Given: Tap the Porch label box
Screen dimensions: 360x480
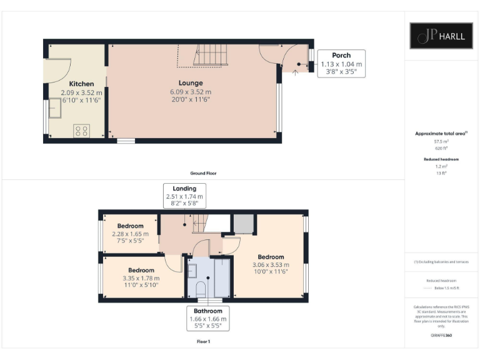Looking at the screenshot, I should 341,64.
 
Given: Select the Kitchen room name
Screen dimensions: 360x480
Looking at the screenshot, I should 81,84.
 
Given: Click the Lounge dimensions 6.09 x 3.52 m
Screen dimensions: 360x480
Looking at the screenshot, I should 191,92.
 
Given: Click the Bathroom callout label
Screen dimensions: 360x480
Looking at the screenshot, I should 208,319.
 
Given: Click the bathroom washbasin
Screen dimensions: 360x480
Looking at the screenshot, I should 192,270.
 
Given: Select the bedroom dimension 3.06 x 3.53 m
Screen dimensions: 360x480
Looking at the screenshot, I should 271,266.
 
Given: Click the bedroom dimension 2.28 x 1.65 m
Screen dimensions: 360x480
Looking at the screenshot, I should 130,234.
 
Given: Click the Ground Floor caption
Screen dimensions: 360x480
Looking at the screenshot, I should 204,173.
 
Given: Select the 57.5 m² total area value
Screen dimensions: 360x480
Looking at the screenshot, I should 441,142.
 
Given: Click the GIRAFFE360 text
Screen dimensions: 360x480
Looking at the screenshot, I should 441,336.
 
